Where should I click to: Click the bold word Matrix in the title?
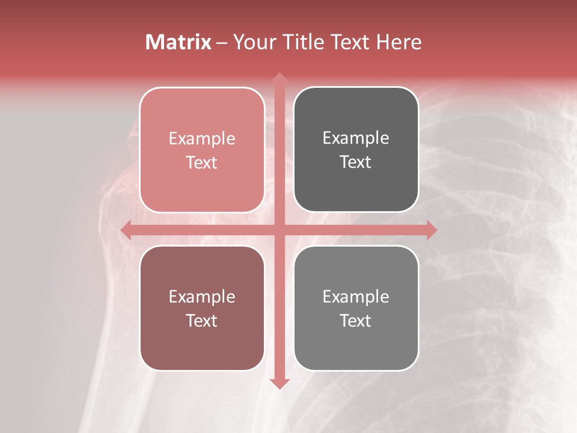(x=179, y=42)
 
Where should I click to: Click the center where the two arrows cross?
(x=279, y=230)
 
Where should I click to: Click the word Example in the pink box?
(x=202, y=139)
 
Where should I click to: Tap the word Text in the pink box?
(x=202, y=162)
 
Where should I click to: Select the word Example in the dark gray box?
(x=356, y=138)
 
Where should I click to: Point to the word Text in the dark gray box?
(x=356, y=162)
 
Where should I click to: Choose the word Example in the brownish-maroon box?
(x=202, y=297)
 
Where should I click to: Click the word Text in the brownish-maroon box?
(x=202, y=321)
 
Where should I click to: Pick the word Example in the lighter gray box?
(x=356, y=297)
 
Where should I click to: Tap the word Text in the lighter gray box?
(x=356, y=321)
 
